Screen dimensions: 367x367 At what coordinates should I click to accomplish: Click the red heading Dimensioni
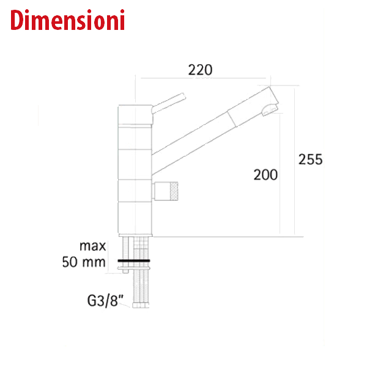click(67, 20)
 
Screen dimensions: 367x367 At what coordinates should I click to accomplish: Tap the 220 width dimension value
click(200, 70)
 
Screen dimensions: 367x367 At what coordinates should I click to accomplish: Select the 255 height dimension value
click(310, 159)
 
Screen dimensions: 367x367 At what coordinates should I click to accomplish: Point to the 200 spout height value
click(265, 175)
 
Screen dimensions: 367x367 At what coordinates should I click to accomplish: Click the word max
click(92, 246)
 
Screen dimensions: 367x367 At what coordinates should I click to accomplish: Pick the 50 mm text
click(84, 262)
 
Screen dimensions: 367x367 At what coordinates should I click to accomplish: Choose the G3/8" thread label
click(105, 300)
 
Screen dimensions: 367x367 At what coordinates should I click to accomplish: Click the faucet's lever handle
click(169, 103)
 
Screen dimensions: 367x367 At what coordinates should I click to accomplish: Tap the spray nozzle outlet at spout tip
click(270, 111)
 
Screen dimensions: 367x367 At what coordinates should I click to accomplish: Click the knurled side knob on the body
click(166, 192)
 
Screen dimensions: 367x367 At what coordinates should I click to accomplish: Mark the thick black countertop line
click(134, 261)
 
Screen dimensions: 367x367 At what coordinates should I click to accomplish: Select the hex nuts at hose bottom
click(141, 305)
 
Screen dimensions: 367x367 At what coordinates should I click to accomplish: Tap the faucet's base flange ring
click(135, 235)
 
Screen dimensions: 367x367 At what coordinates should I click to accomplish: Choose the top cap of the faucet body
click(135, 115)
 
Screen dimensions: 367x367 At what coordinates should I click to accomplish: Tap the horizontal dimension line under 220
click(203, 78)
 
